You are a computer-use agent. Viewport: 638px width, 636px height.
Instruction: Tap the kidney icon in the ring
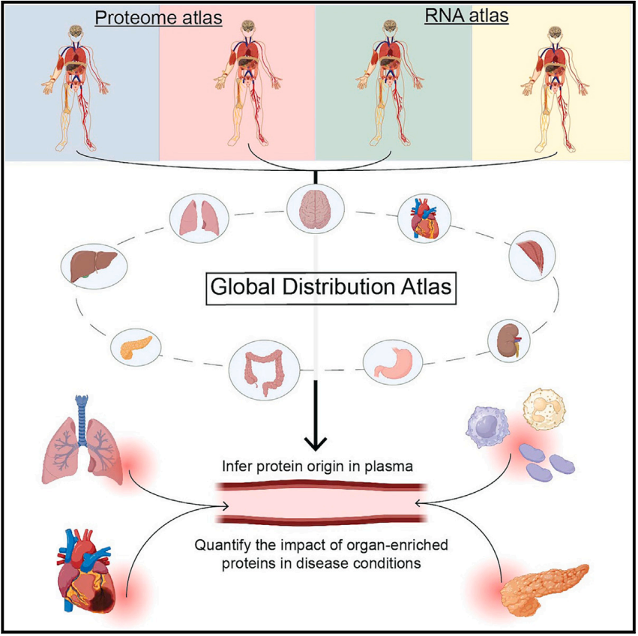coord(511,340)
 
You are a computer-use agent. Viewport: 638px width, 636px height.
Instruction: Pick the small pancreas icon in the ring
coord(136,346)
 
